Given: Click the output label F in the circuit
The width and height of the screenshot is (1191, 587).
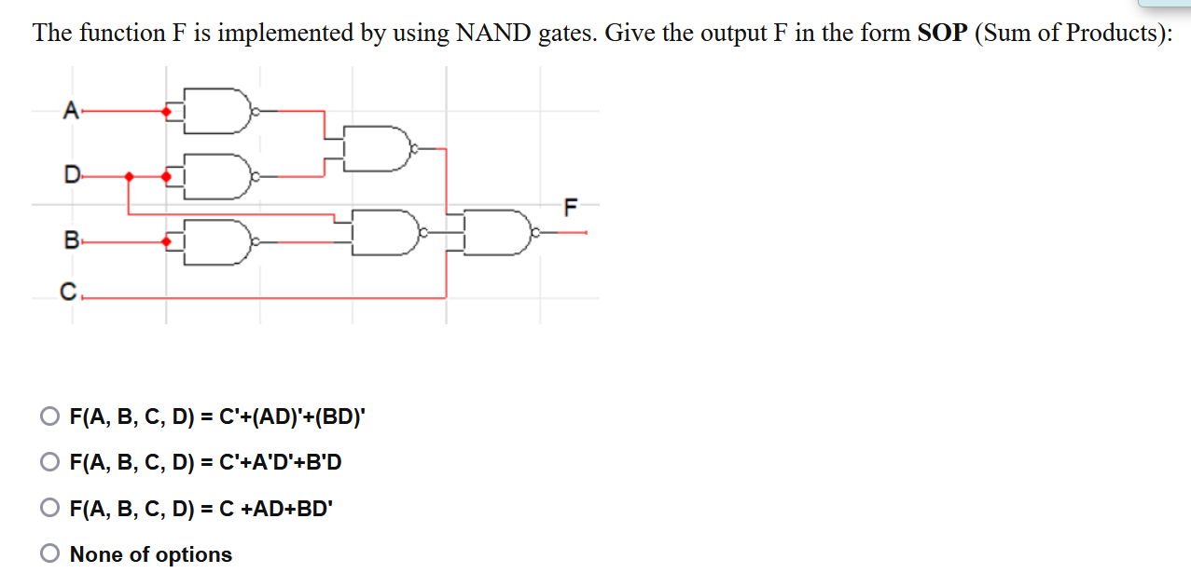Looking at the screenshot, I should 571,206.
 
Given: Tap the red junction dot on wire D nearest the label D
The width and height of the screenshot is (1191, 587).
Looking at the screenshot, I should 129,175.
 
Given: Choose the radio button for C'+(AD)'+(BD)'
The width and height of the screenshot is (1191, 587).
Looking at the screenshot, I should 49,416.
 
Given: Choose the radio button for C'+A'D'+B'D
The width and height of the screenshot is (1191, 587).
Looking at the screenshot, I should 49,462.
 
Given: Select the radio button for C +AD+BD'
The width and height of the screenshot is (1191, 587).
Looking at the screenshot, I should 49,508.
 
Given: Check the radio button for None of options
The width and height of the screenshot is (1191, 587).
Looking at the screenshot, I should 49,554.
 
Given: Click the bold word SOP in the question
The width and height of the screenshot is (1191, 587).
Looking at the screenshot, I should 942,34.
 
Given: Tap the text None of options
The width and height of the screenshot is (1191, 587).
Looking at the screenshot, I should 151,554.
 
